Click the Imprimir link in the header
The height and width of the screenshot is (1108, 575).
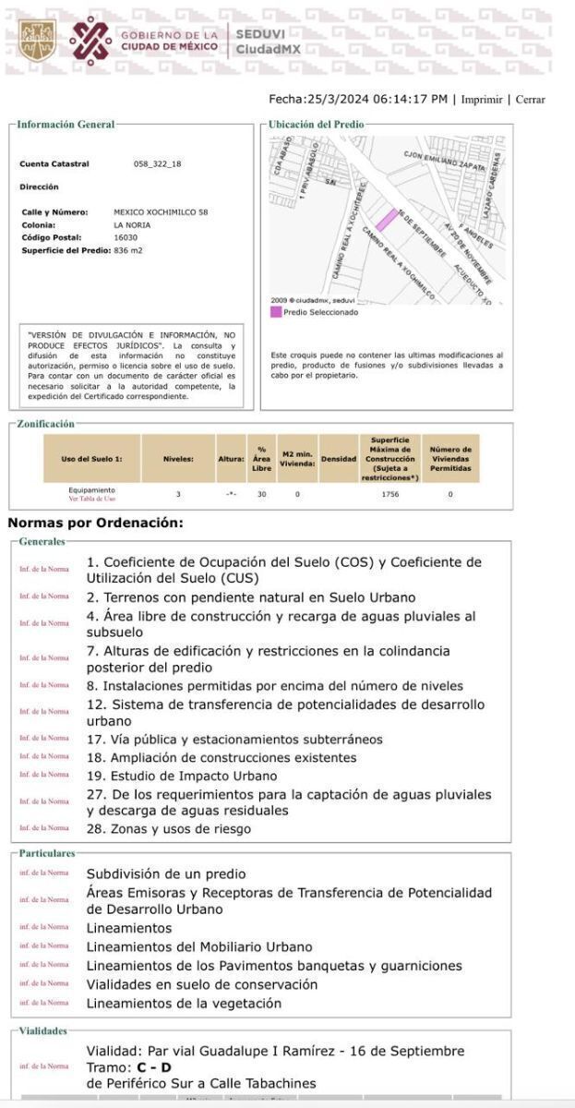click(x=482, y=100)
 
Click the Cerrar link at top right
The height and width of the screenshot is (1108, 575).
click(x=530, y=100)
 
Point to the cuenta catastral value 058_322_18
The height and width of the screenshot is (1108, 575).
click(x=158, y=164)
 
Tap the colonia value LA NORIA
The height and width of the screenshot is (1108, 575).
click(x=132, y=224)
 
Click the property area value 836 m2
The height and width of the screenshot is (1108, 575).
click(x=128, y=250)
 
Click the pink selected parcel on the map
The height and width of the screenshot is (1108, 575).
click(x=386, y=221)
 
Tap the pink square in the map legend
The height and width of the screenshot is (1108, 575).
click(x=275, y=312)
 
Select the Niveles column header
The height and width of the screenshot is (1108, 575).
click(x=178, y=459)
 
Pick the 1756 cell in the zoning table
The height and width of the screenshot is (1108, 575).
click(x=389, y=495)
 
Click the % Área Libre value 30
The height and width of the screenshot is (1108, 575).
click(x=261, y=495)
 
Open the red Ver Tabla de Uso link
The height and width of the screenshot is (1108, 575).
click(x=92, y=499)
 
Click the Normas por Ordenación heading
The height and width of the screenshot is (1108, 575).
click(x=96, y=523)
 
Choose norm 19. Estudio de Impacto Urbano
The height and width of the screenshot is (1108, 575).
click(x=182, y=776)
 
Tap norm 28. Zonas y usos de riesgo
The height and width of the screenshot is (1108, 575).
click(x=168, y=828)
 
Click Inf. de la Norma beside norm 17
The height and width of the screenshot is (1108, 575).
click(x=44, y=739)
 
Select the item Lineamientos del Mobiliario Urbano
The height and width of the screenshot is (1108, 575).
click(x=199, y=946)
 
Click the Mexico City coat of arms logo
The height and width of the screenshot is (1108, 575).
click(x=38, y=42)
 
